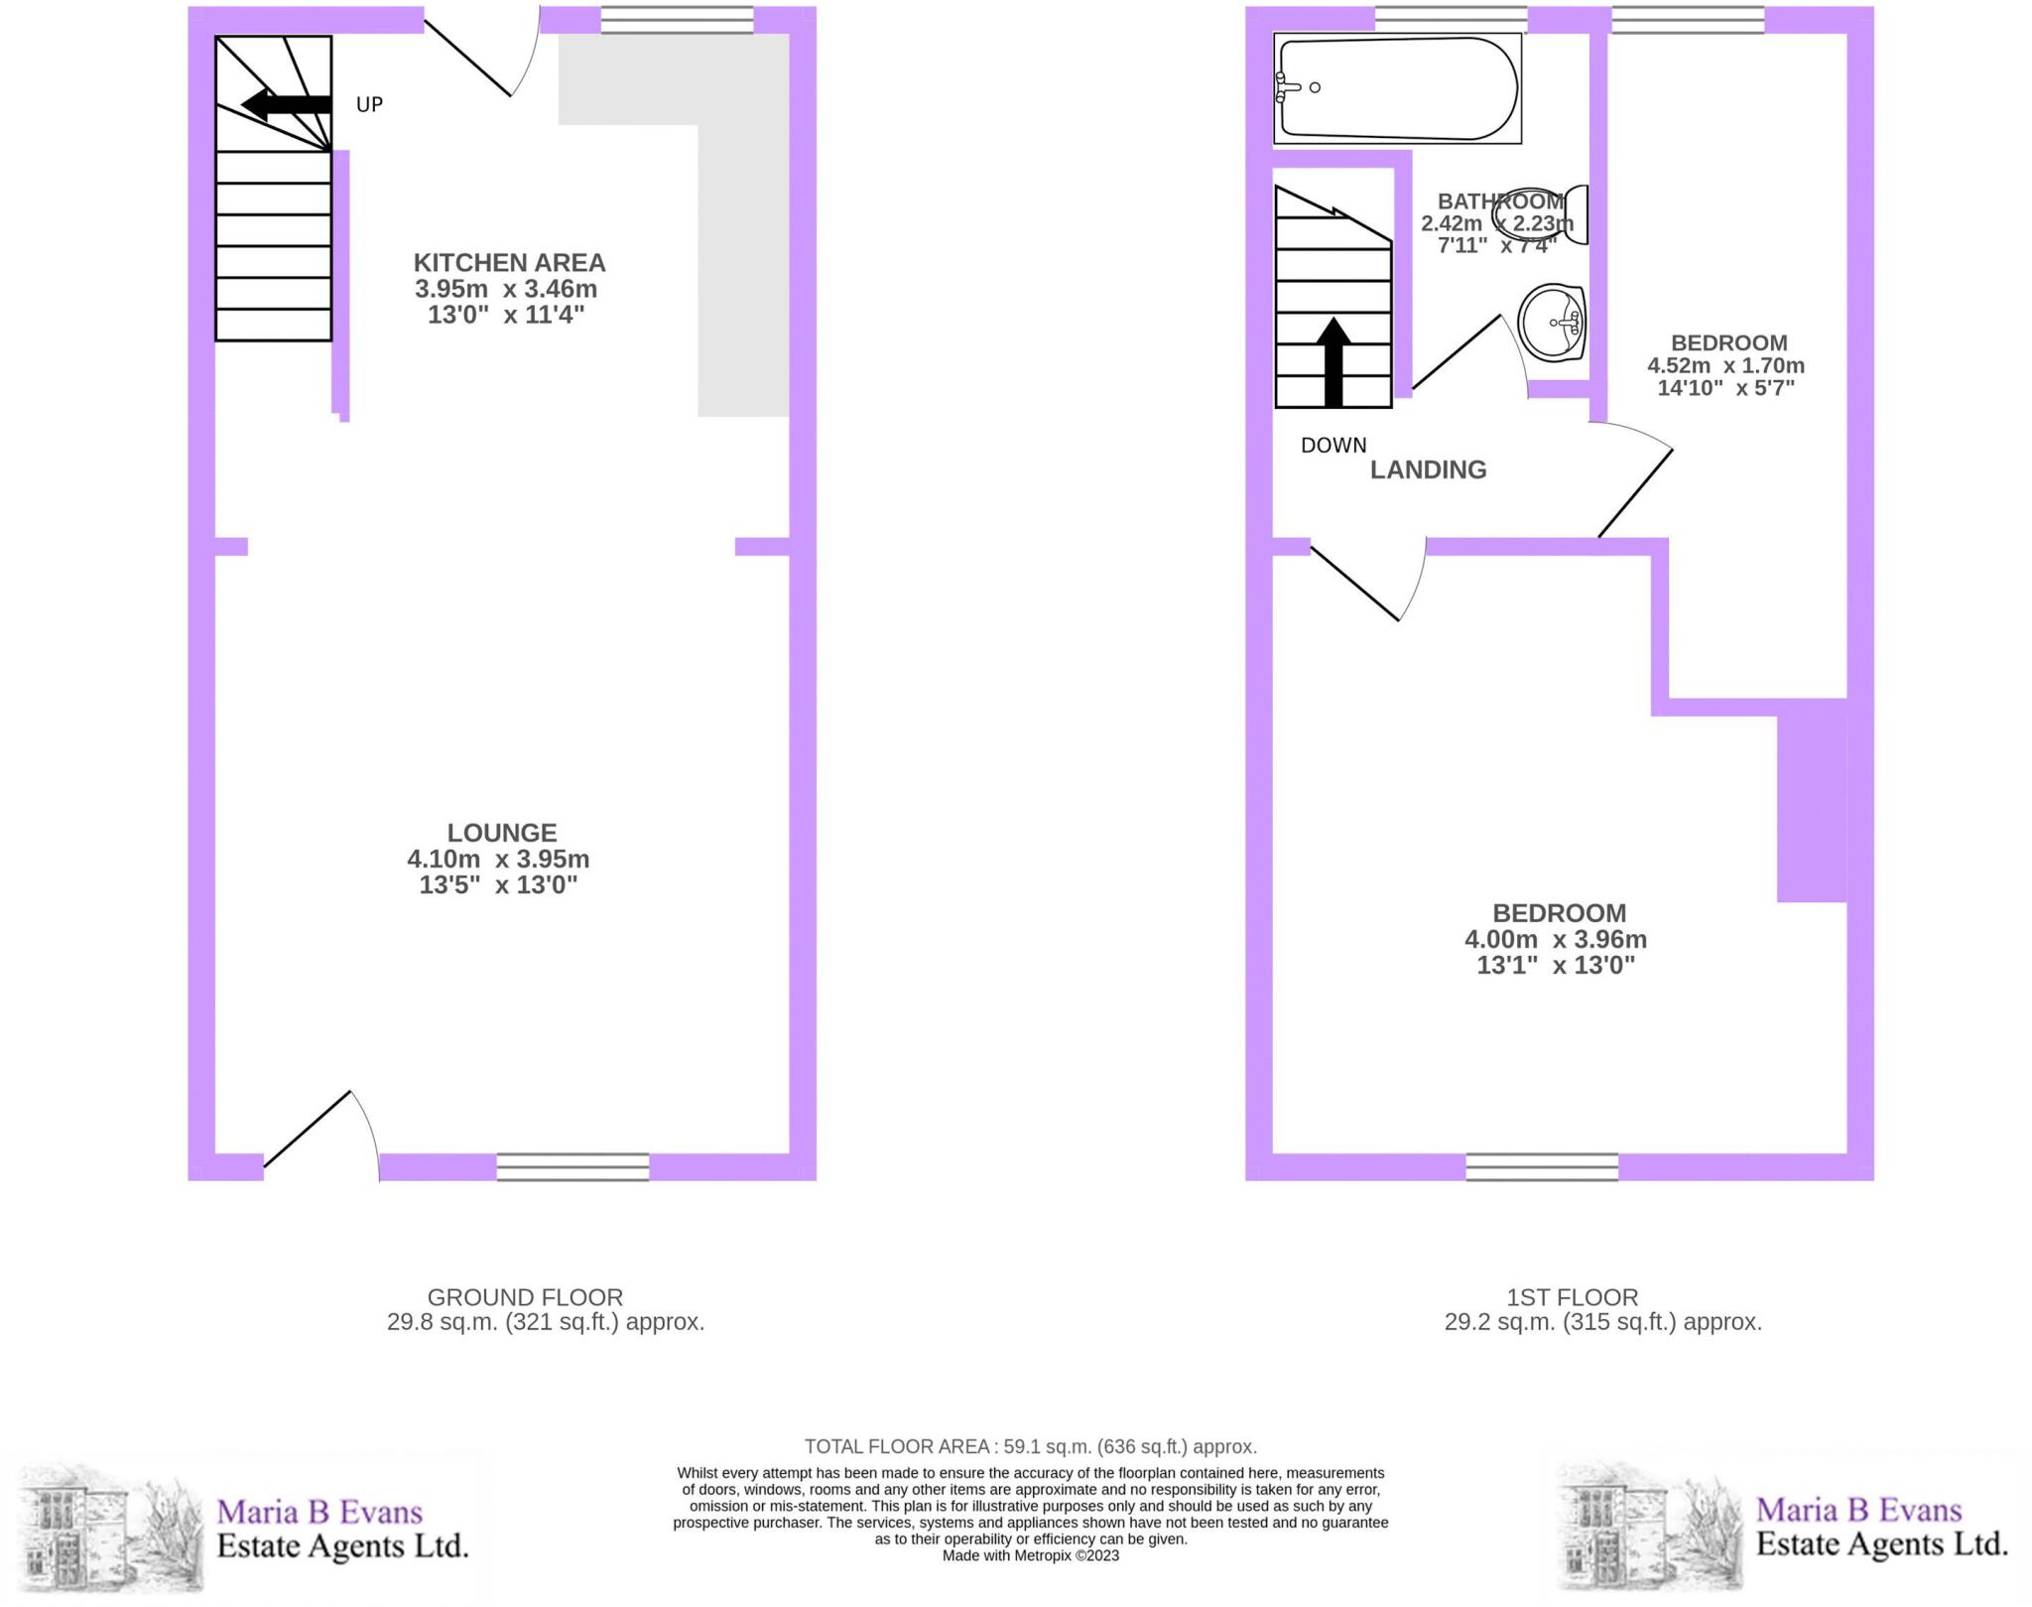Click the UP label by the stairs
click(369, 104)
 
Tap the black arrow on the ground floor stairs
click(286, 104)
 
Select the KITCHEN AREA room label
click(509, 263)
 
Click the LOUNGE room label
click(501, 833)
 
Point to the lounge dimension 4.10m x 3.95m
click(498, 859)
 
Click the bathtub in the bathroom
click(1397, 88)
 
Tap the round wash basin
click(1553, 322)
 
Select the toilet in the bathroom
click(1565, 214)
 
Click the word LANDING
click(1428, 469)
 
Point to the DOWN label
click(1333, 446)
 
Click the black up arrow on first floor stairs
click(1333, 361)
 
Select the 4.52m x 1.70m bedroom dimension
click(1726, 365)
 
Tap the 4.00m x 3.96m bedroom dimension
click(1556, 939)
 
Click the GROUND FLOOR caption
click(525, 1297)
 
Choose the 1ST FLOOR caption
click(1572, 1297)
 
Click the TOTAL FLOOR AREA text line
click(1030, 1446)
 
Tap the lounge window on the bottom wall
click(572, 1166)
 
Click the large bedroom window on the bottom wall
click(1542, 1166)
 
